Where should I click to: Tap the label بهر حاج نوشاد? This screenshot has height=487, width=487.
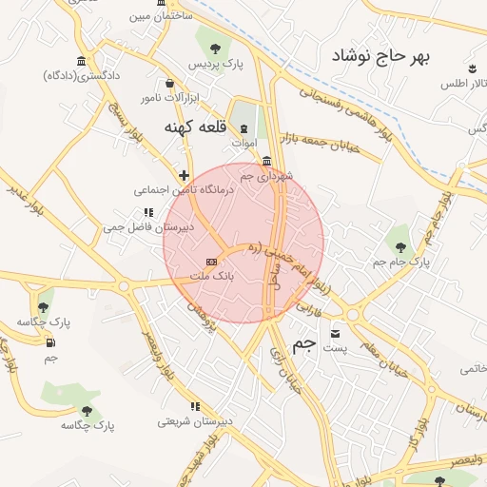pyautogui.click(x=380, y=57)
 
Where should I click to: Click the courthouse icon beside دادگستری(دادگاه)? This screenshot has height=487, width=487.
pyautogui.click(x=81, y=62)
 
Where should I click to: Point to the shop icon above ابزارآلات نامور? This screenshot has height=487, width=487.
pyautogui.click(x=169, y=83)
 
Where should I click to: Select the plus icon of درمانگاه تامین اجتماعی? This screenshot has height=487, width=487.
pyautogui.click(x=184, y=175)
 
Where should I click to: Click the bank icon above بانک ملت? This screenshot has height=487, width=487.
pyautogui.click(x=211, y=261)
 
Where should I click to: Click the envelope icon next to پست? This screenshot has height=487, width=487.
pyautogui.click(x=336, y=334)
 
